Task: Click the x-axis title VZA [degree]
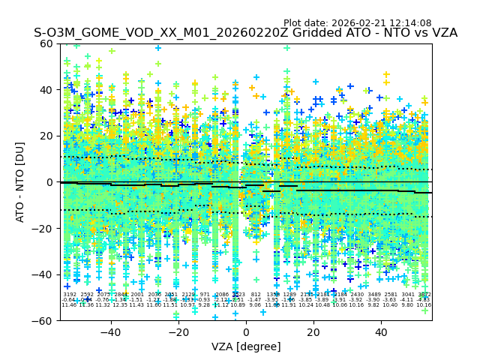pyautogui.click(x=246, y=346)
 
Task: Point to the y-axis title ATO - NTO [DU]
pyautogui.click(x=21, y=182)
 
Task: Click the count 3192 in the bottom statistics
pyautogui.click(x=70, y=295)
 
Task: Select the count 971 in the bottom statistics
pyautogui.click(x=205, y=295)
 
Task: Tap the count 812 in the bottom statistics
pyautogui.click(x=256, y=295)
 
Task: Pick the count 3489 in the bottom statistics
pyautogui.click(x=373, y=295)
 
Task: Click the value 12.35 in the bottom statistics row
pyautogui.click(x=120, y=305)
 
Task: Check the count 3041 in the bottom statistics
pyautogui.click(x=407, y=295)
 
